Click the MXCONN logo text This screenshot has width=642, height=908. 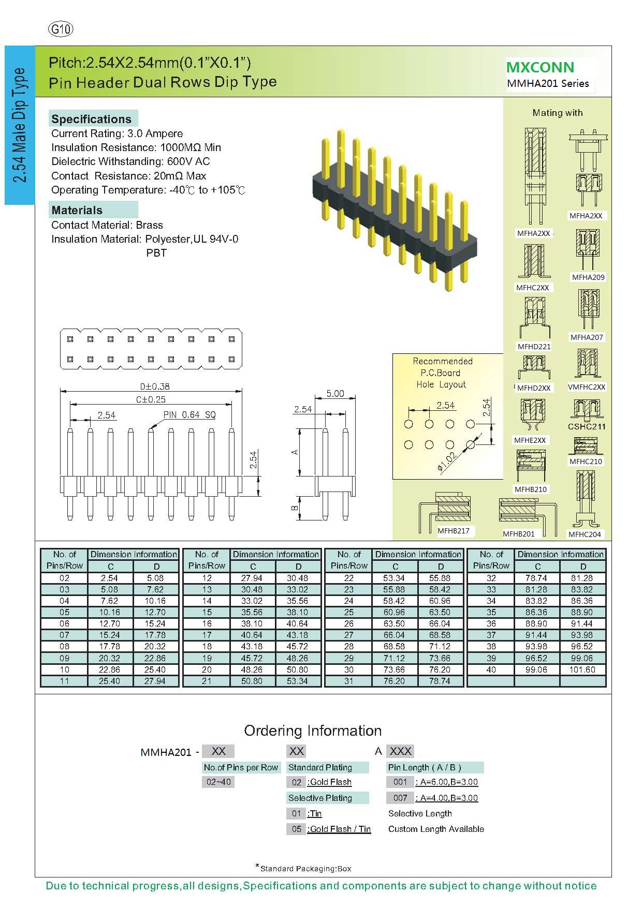[x=540, y=67]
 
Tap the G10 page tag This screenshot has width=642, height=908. [x=61, y=29]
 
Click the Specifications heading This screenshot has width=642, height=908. [x=92, y=119]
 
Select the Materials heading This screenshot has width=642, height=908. [x=77, y=210]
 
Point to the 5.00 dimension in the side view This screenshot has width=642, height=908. [x=335, y=394]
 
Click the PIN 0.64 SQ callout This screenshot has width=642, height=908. [x=189, y=415]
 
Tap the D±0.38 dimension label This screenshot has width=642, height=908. [x=155, y=386]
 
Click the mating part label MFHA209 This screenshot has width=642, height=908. [x=588, y=277]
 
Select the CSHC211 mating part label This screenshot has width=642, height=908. [x=587, y=427]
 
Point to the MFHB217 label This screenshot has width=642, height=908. [x=454, y=531]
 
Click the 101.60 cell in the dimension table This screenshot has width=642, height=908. [x=582, y=669]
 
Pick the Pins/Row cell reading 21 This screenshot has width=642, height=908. [x=207, y=681]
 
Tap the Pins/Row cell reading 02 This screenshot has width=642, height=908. [x=64, y=578]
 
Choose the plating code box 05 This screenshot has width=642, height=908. [x=296, y=829]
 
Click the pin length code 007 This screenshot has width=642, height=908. [x=400, y=798]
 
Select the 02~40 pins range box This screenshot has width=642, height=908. [x=218, y=782]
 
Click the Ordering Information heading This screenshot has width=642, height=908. [x=313, y=731]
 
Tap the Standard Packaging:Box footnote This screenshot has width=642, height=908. [x=305, y=869]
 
